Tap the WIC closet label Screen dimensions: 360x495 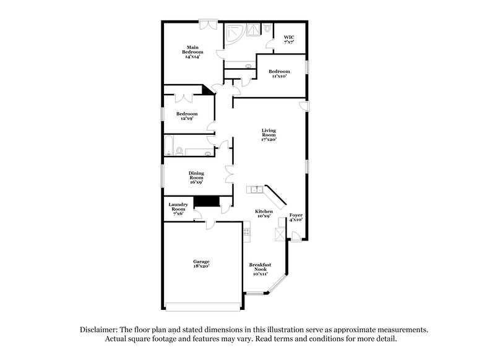[x=289, y=39]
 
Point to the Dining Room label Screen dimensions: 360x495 [x=196, y=178]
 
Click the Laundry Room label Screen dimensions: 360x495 [x=178, y=209]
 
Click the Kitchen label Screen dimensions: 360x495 [x=264, y=214]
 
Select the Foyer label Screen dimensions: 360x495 [x=296, y=217]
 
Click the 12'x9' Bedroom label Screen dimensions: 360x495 [x=186, y=116]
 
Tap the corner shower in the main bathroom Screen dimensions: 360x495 [x=235, y=33]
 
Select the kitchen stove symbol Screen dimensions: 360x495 [x=246, y=232]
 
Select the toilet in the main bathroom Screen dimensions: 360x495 [x=267, y=28]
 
